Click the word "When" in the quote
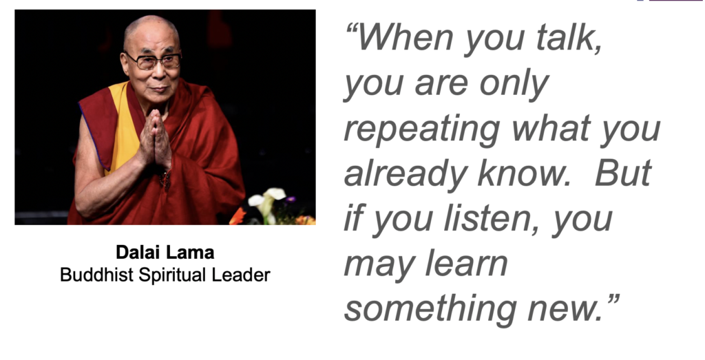[406, 37]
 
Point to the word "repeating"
[422, 129]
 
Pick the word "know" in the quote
[520, 173]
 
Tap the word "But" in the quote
[623, 173]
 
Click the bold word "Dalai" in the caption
[137, 252]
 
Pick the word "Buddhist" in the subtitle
[96, 275]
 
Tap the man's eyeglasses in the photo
[153, 61]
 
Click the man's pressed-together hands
[155, 139]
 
